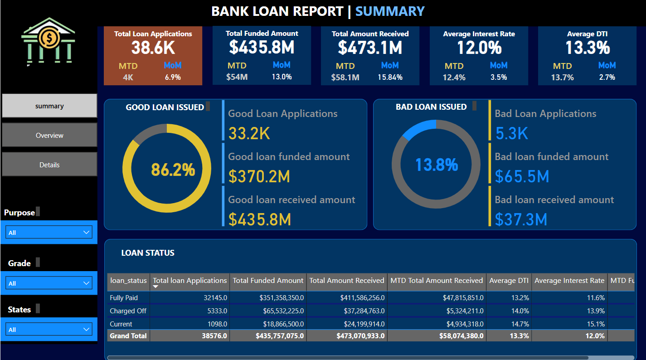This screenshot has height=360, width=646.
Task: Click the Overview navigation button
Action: point(49,135)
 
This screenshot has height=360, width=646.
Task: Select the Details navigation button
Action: point(49,165)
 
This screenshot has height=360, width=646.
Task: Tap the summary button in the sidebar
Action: point(49,106)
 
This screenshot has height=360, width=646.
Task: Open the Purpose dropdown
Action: point(49,233)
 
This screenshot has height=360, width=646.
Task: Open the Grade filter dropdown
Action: point(49,283)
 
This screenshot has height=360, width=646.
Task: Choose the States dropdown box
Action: point(49,330)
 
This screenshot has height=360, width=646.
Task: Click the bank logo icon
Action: point(48,42)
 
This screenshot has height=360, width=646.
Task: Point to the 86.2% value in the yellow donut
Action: point(173,170)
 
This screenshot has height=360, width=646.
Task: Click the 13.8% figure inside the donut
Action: point(437,165)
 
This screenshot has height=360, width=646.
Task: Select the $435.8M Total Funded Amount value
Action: point(262,47)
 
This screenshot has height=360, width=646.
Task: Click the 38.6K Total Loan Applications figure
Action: point(153,48)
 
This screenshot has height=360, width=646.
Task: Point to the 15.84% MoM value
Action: point(390,77)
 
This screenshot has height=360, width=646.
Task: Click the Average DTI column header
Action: point(509,281)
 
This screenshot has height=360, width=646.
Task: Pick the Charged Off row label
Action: point(128,311)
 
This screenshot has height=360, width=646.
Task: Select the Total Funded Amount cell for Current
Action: point(281,324)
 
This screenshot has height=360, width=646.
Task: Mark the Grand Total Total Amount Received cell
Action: point(360,336)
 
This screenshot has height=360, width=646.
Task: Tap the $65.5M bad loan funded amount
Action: point(522,176)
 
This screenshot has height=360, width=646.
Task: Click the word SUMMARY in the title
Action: point(390,11)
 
